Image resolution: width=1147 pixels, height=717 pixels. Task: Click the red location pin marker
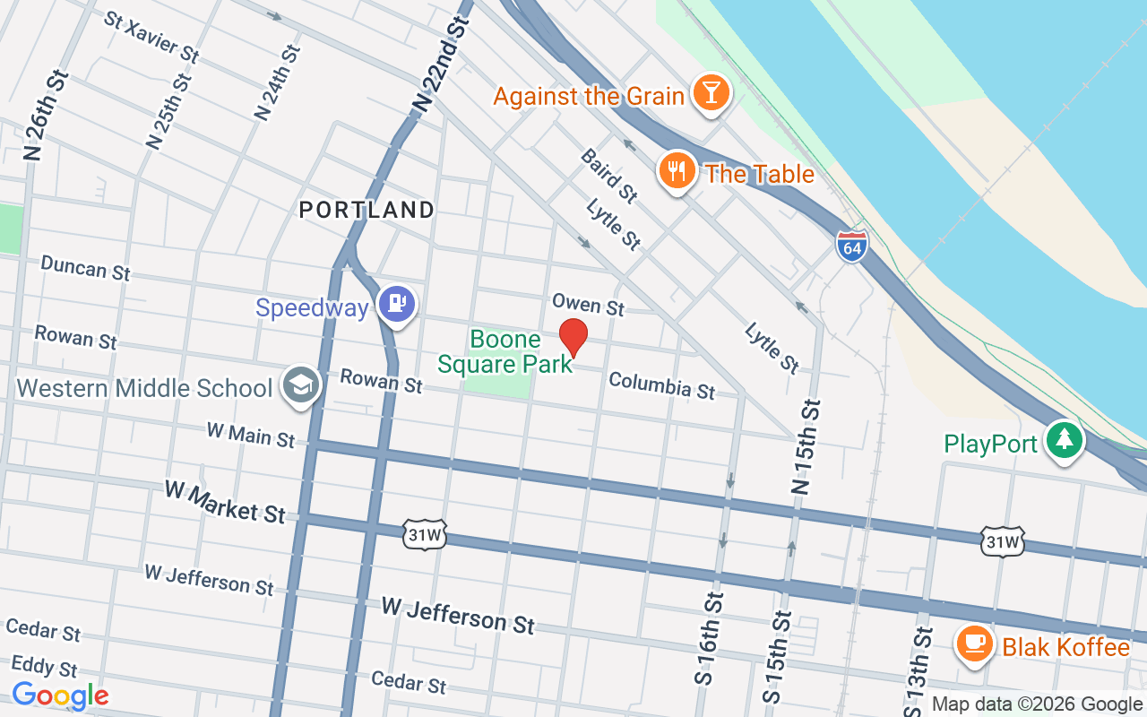point(573,337)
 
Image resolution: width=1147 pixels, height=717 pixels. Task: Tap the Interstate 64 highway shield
point(852,246)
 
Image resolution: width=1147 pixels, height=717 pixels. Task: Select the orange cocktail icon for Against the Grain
point(711,93)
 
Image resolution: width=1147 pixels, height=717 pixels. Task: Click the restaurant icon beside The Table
point(677,171)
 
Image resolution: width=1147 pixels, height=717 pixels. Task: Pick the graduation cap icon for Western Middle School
point(299,385)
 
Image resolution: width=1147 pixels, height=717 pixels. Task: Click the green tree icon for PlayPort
point(1064,440)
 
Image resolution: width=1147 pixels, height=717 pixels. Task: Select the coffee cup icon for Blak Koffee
point(974,643)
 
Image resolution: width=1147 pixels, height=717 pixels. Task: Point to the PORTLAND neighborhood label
point(367,211)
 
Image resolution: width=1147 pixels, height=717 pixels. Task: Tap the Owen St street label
point(588,304)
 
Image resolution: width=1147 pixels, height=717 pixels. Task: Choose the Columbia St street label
point(661,385)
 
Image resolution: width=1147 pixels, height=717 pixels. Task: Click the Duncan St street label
point(86,267)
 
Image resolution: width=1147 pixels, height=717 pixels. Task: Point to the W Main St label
point(250,435)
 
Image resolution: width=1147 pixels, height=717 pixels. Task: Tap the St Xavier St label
point(151,37)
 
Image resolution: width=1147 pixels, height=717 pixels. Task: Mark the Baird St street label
point(609,175)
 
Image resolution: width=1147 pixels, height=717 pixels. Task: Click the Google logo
point(60,695)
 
